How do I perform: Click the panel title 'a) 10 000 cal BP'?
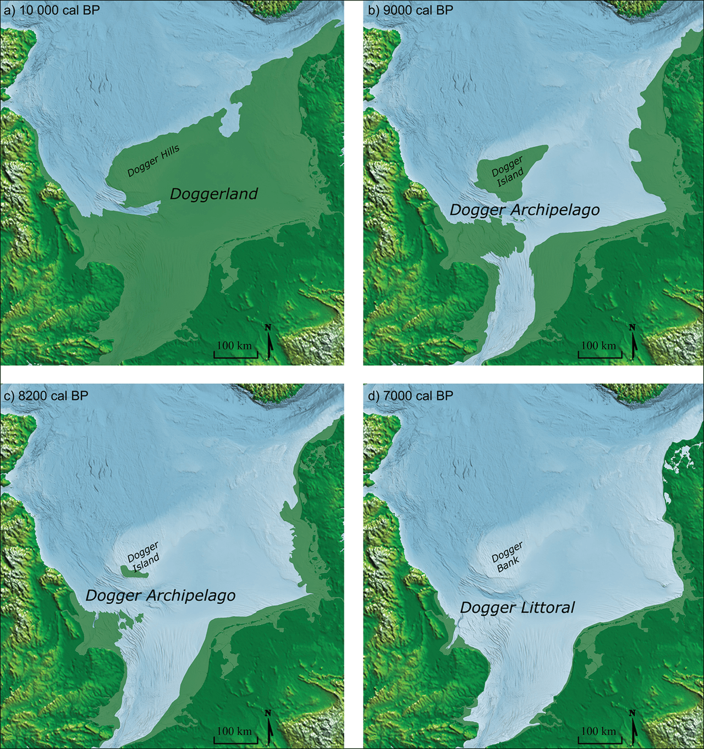click(x=52, y=10)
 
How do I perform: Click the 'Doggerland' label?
click(x=214, y=194)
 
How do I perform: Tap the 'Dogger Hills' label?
click(x=153, y=162)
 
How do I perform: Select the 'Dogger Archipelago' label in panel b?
click(x=525, y=210)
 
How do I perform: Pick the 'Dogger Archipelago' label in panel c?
click(x=161, y=596)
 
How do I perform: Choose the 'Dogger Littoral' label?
click(x=517, y=608)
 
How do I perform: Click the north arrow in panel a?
click(x=269, y=342)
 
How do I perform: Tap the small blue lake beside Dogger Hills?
click(x=230, y=122)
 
